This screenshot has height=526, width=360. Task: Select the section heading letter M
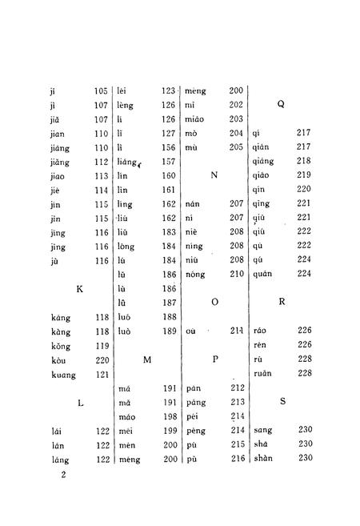tap(147, 360)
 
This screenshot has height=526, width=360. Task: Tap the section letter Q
tap(281, 104)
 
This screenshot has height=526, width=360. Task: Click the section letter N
tap(214, 174)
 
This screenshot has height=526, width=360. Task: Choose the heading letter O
tap(214, 302)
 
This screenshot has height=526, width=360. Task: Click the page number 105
tap(100, 90)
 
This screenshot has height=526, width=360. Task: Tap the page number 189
tap(168, 330)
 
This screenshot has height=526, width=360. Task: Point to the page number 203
tap(236, 118)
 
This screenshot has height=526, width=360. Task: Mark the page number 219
tap(303, 175)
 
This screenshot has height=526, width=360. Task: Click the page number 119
tap(100, 346)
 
